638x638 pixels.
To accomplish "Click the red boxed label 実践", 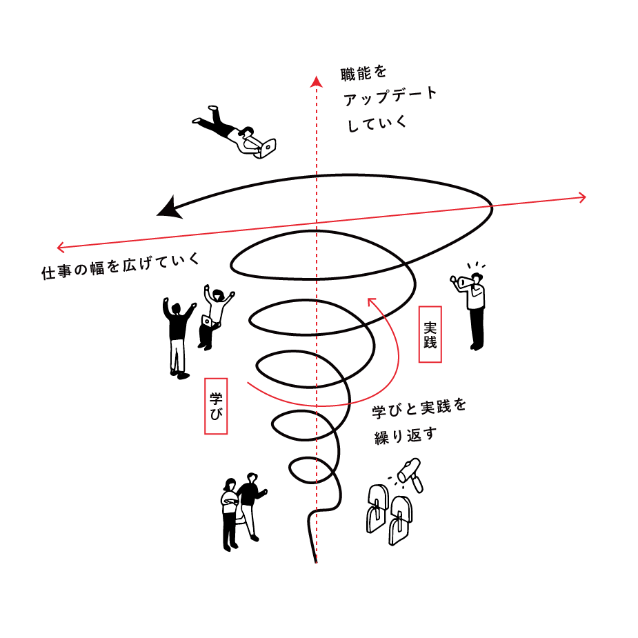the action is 430,334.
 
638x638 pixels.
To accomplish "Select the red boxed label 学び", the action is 216,405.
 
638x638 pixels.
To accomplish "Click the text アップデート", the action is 390,97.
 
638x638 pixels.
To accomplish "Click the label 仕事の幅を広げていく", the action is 121,266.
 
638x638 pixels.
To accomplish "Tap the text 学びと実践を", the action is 419,408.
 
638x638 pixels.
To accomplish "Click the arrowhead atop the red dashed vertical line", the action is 317,81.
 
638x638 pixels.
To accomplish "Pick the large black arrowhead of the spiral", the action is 168,208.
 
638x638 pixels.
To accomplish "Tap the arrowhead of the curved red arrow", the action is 372,301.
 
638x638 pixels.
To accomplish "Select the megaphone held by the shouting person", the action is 461,281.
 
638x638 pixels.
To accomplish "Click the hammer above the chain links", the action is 413,472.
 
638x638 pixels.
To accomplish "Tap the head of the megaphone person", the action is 478,277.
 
